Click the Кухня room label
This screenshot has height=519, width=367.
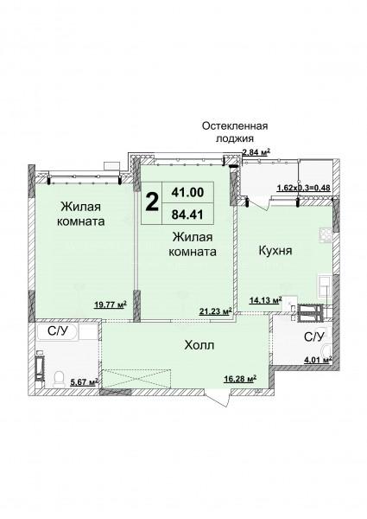pos(275,251)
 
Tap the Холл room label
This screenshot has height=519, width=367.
pos(199,345)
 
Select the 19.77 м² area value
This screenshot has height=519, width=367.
pos(111,304)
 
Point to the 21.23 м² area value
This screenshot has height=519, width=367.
pos(215,311)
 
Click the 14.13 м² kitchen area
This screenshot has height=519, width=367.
pos(265,300)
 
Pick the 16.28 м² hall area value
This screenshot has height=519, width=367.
pos(240,378)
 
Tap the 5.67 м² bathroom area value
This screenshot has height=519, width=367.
pos(85,382)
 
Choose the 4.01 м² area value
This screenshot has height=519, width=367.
pos(318,360)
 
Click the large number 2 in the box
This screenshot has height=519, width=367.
pos(152,202)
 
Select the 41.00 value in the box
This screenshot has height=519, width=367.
pos(187,192)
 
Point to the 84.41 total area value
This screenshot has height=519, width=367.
pos(187,215)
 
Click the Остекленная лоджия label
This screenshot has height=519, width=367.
pos(235,131)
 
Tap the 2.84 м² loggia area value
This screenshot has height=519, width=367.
pos(256,152)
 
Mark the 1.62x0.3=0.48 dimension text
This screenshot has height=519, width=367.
pos(303,188)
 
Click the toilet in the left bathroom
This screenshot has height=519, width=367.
pos(59,379)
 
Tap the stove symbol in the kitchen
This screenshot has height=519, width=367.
pos(325,235)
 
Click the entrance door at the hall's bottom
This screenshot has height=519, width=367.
pos(218,397)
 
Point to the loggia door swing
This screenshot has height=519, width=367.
pos(258,203)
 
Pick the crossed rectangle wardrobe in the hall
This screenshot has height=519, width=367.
pos(136,379)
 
